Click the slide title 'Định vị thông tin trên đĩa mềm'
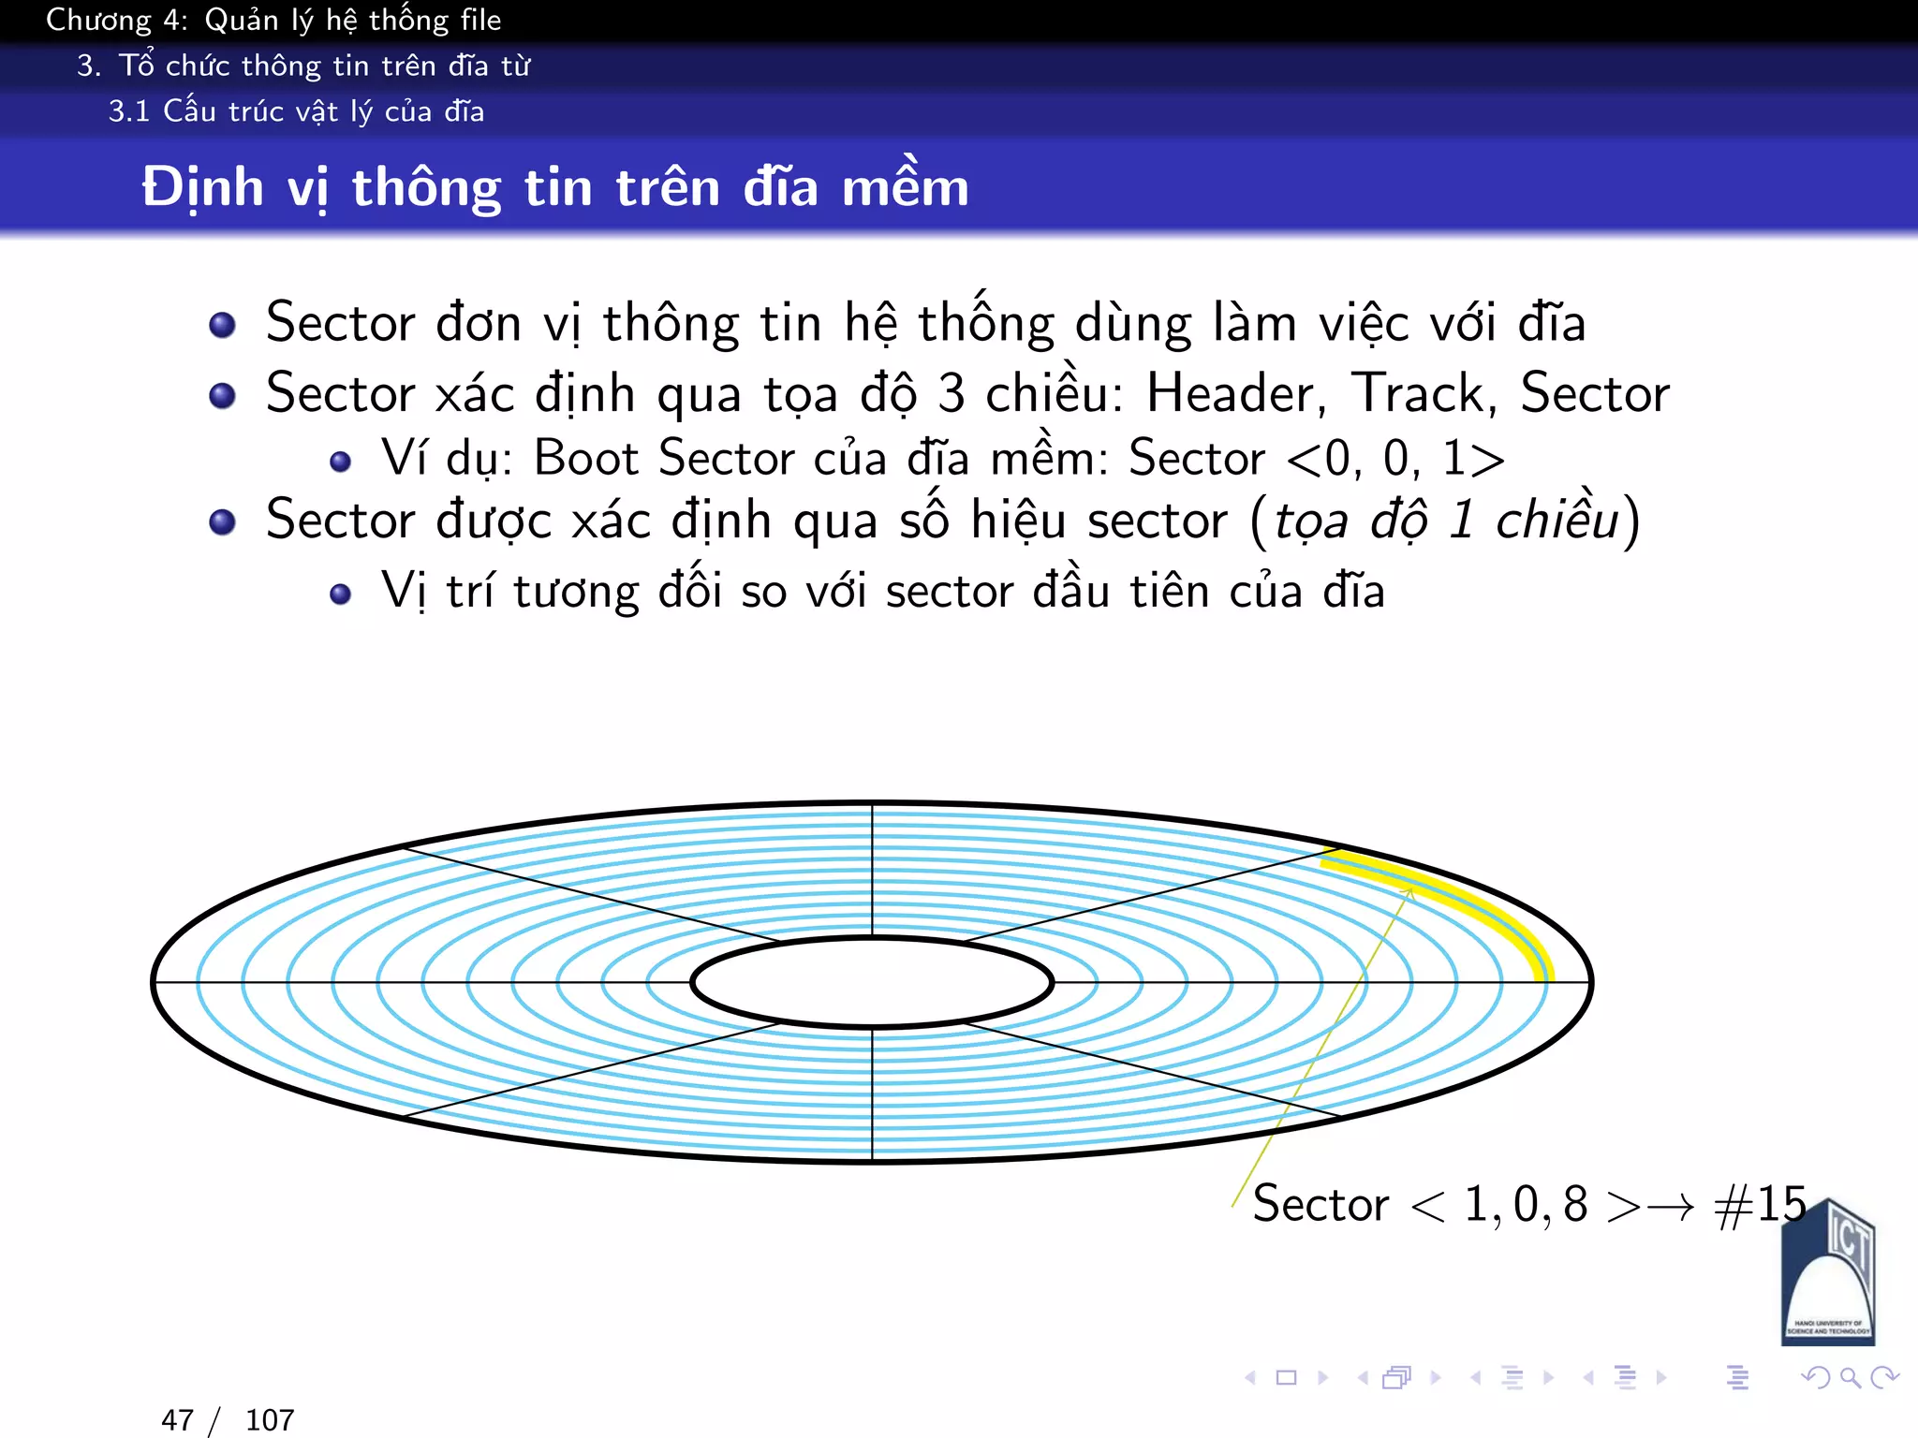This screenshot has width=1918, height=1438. pyautogui.click(x=554, y=187)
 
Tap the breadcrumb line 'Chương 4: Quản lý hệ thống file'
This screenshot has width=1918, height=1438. pyautogui.click(x=273, y=21)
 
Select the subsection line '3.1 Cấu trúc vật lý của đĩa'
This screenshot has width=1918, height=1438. pyautogui.click(x=296, y=111)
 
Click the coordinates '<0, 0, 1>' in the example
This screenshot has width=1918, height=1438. pyautogui.click(x=1395, y=459)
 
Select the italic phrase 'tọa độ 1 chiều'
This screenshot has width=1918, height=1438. pyautogui.click(x=1446, y=521)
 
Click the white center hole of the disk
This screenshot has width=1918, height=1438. pyautogui.click(x=872, y=982)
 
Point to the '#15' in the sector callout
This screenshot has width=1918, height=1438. pyautogui.click(x=1759, y=1204)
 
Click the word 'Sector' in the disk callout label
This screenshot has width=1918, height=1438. pyautogui.click(x=1320, y=1204)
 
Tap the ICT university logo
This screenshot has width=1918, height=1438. pyautogui.click(x=1828, y=1273)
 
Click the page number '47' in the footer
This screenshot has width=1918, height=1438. pyautogui.click(x=178, y=1420)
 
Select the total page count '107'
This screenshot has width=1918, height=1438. pyautogui.click(x=270, y=1420)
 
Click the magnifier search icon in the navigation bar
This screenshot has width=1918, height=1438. pyautogui.click(x=1850, y=1377)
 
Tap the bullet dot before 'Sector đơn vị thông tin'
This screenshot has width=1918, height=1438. pyautogui.click(x=222, y=325)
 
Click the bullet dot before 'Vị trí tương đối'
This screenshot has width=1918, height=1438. pyautogui.click(x=341, y=594)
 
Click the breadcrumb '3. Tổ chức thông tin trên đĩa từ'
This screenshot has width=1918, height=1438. pyautogui.click(x=303, y=66)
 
